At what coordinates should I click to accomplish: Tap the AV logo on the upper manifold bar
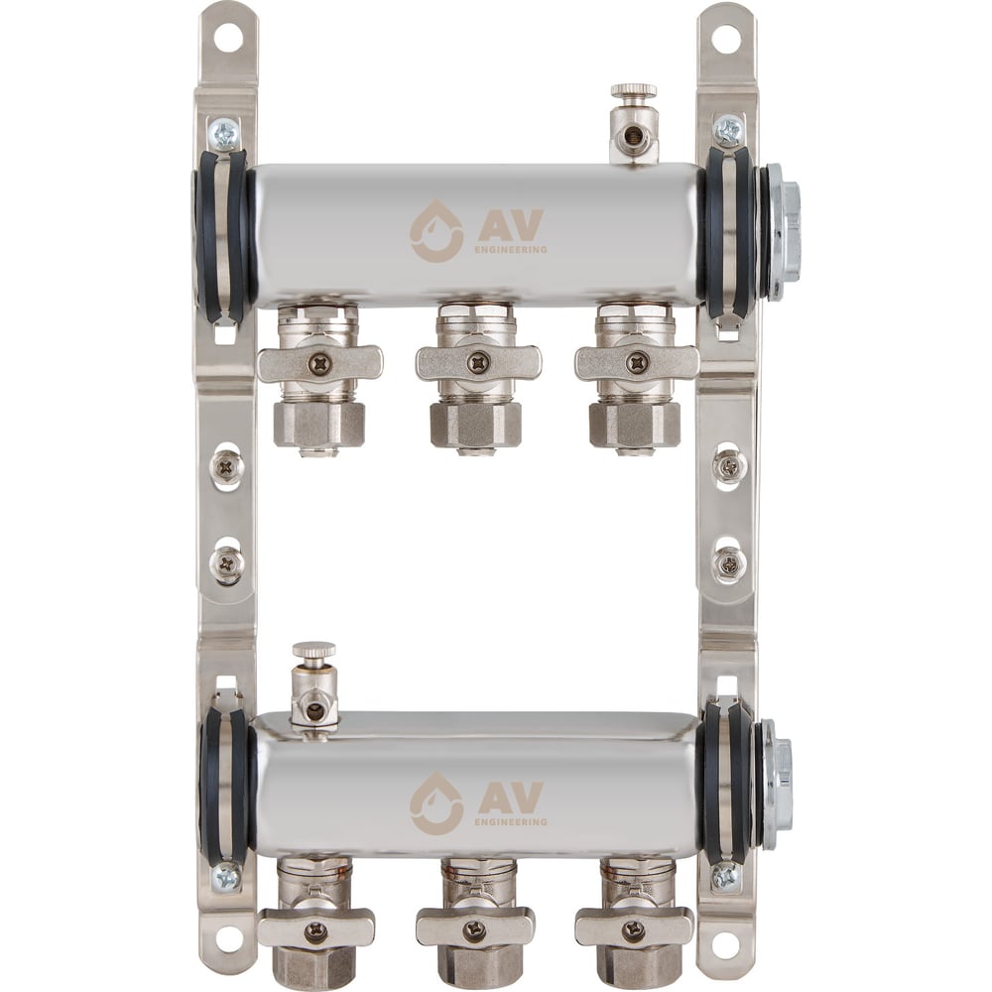[478, 231]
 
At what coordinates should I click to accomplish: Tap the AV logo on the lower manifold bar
[478, 803]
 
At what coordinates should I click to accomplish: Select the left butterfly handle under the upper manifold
[320, 363]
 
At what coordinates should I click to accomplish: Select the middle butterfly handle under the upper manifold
[478, 363]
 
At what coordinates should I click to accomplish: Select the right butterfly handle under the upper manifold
[637, 363]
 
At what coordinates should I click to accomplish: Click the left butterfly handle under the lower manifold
[316, 930]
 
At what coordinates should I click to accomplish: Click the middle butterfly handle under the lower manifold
[475, 930]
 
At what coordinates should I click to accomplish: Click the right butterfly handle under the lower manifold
[635, 930]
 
